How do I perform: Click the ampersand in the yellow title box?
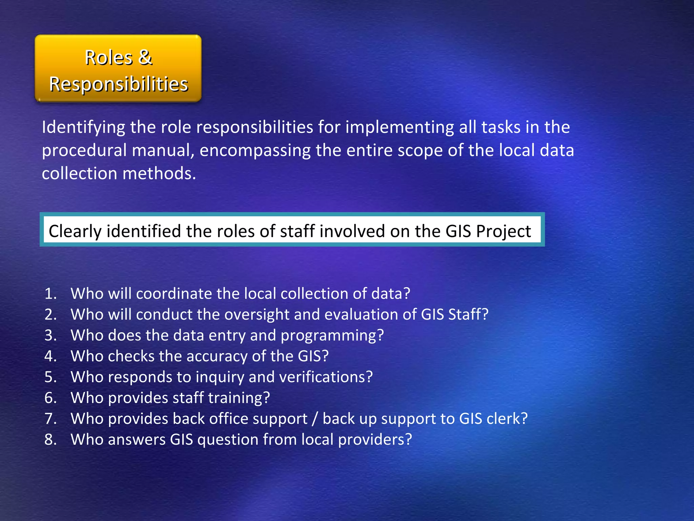point(145,57)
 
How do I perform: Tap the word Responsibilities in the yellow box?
point(119,84)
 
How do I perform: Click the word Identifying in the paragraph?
point(83,128)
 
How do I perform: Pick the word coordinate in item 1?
point(174,294)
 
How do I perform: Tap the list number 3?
point(50,335)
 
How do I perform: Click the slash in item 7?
point(315,419)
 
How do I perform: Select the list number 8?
point(50,440)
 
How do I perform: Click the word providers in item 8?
point(374,440)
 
